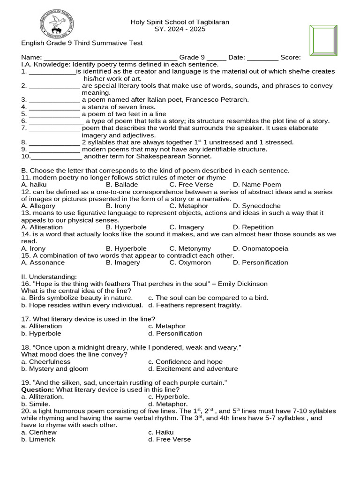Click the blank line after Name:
pos(110,58)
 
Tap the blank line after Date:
pos(262,58)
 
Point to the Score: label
pos(291,57)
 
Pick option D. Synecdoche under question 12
pos(256,206)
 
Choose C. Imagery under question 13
pos(187,227)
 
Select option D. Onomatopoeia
pos(260,248)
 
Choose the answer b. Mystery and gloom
pos(55,369)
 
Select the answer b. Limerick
pos(38,439)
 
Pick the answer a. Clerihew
pos(39,432)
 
